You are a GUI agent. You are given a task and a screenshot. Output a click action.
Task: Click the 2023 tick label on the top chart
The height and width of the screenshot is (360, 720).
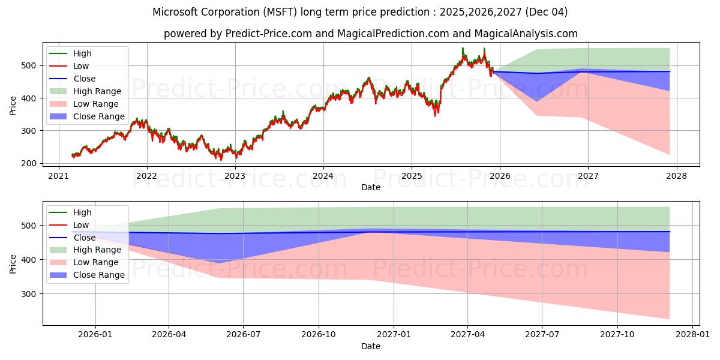235,176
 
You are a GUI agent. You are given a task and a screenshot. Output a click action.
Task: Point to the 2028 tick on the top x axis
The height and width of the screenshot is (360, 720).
676,176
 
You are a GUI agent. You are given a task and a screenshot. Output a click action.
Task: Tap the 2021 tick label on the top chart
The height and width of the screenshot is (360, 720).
58,176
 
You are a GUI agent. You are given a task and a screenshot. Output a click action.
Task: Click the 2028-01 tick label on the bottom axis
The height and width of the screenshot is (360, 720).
692,335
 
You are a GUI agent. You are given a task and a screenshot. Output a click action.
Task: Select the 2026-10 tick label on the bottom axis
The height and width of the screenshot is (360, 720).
318,335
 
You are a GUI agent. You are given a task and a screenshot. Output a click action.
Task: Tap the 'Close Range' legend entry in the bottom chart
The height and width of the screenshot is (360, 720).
98,275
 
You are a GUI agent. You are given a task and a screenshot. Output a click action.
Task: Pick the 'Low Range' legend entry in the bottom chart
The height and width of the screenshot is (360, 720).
96,262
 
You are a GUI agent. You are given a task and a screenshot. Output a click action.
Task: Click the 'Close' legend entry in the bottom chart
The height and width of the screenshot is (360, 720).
84,238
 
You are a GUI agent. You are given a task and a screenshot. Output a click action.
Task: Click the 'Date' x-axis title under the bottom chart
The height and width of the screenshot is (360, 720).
370,346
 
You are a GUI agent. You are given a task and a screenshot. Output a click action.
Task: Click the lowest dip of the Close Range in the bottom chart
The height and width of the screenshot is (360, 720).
220,263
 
